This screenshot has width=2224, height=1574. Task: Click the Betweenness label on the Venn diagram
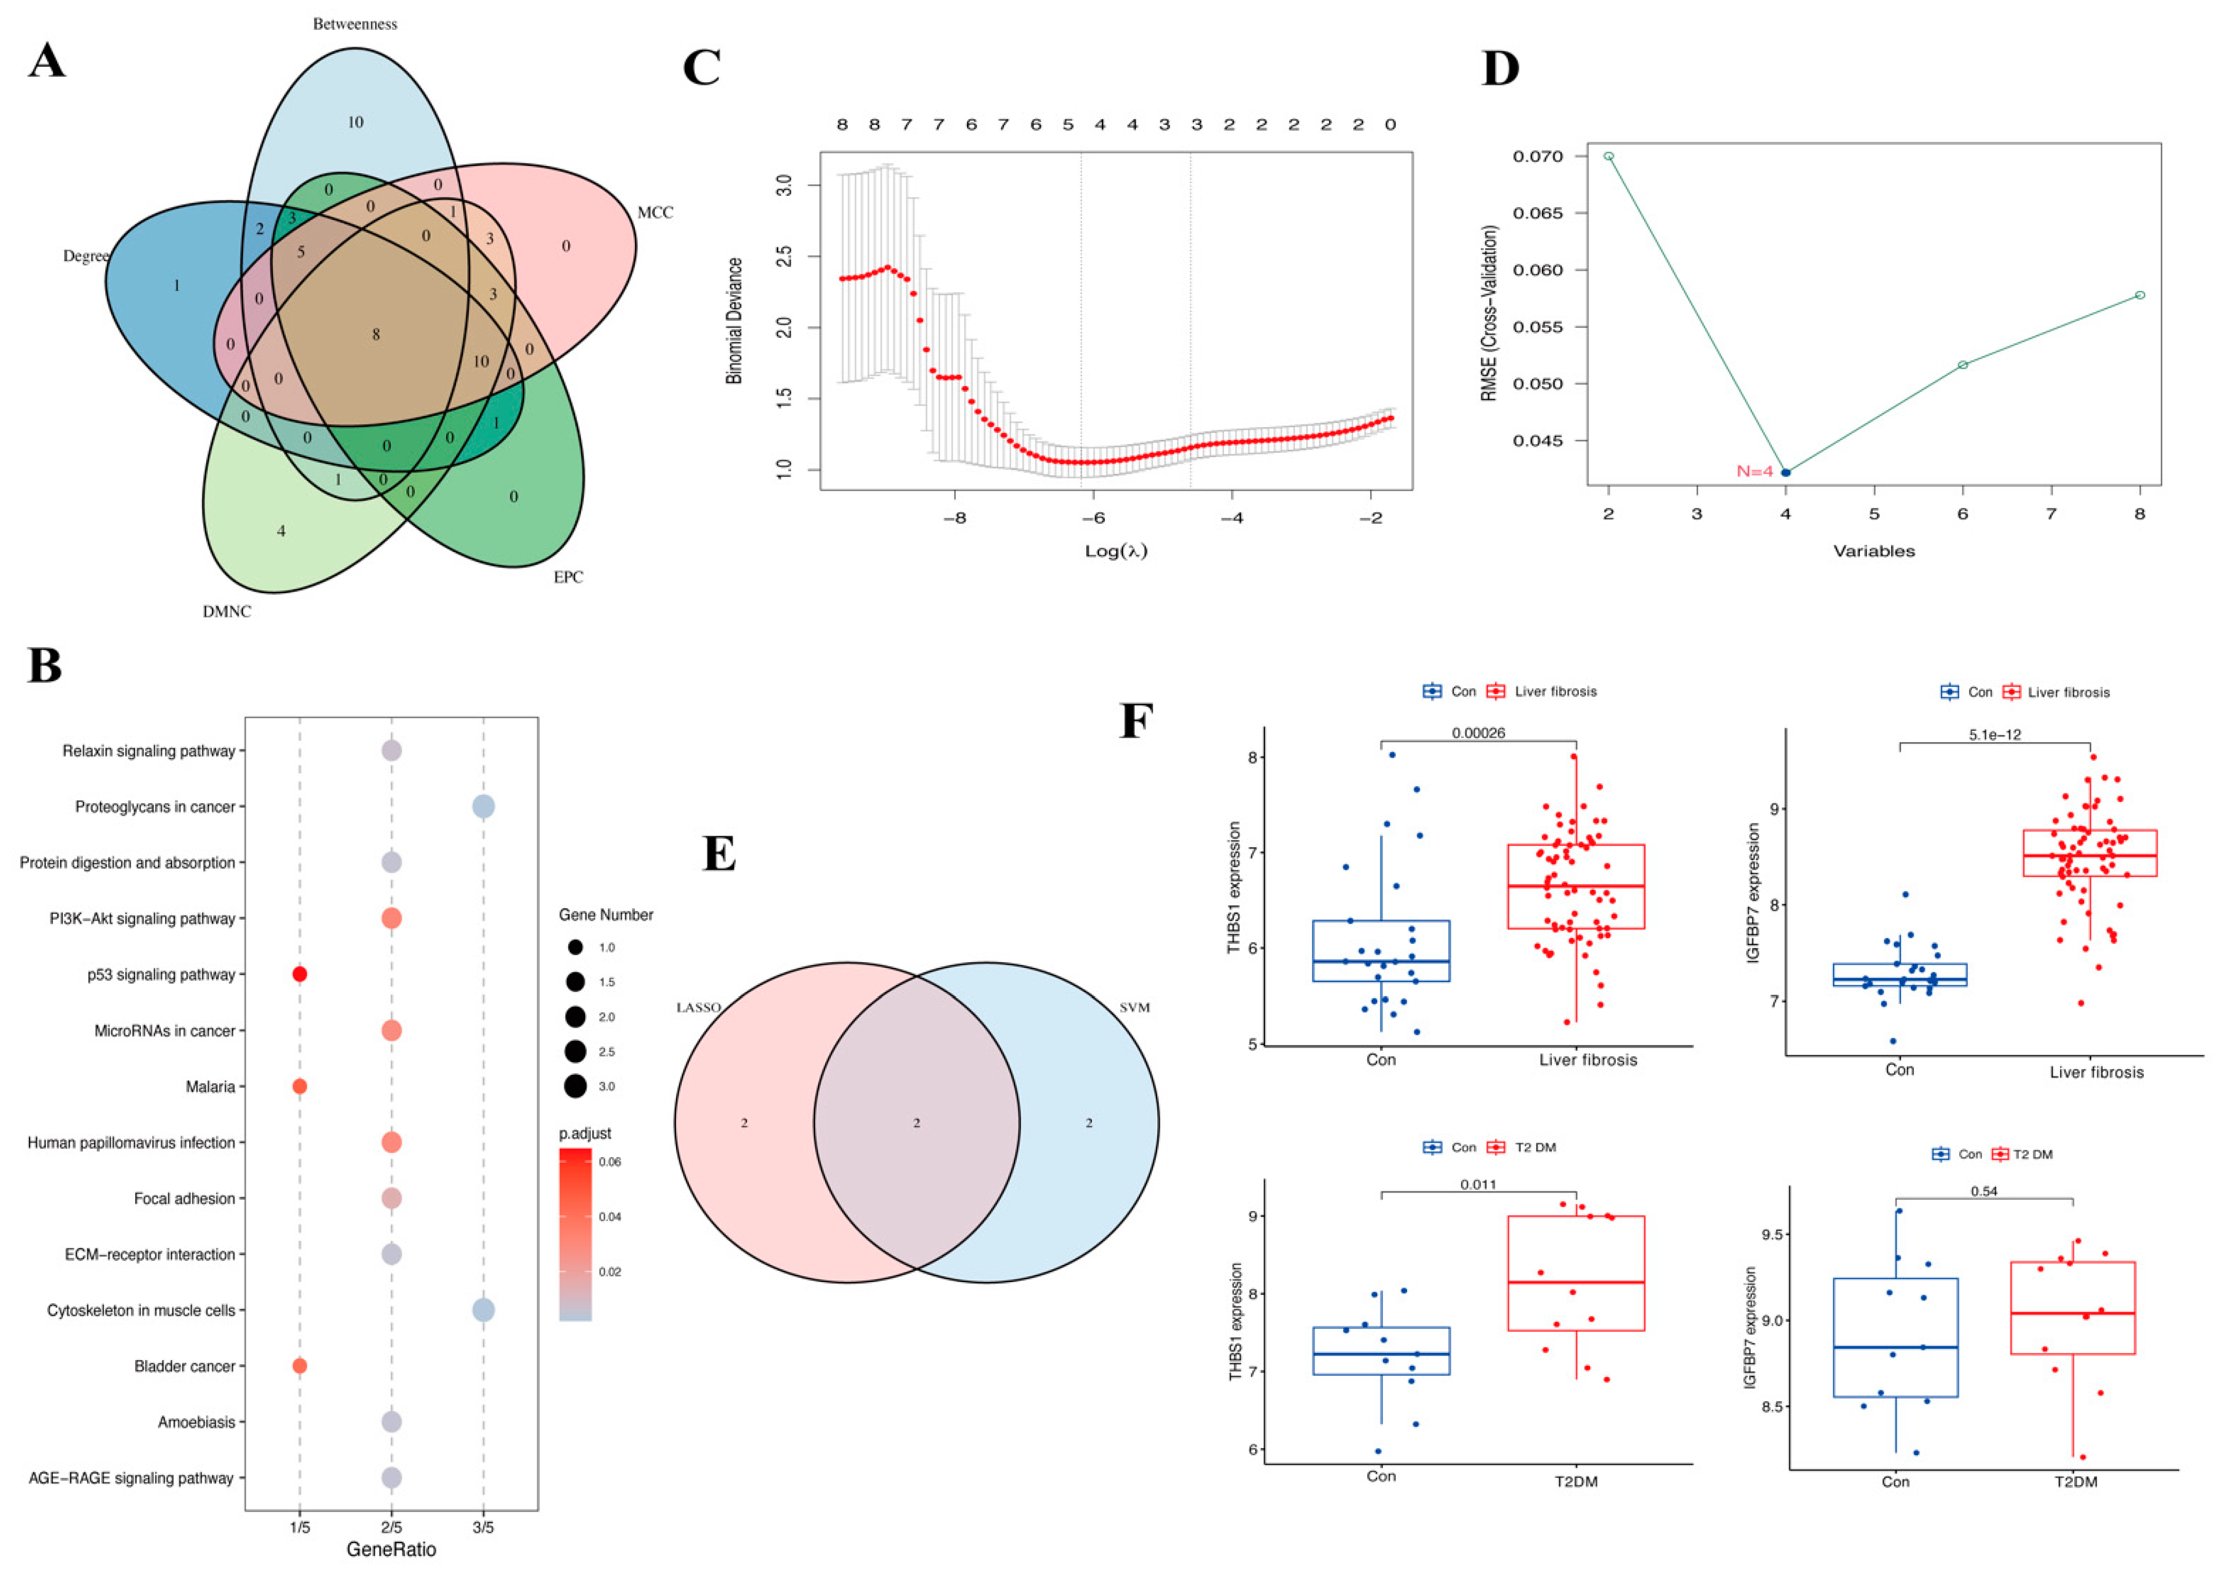355,24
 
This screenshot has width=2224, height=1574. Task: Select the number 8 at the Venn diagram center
376,334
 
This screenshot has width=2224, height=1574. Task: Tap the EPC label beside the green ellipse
568,577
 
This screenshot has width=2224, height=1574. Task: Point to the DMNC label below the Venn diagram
227,612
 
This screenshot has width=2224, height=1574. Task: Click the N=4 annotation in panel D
1754,472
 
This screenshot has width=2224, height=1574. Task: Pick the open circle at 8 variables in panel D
2140,295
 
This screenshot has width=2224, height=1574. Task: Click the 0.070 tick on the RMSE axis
1537,156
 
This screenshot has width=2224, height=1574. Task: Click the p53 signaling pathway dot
299,974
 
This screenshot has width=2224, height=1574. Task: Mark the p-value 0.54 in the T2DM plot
1984,1191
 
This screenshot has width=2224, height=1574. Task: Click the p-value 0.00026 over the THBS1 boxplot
1478,733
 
